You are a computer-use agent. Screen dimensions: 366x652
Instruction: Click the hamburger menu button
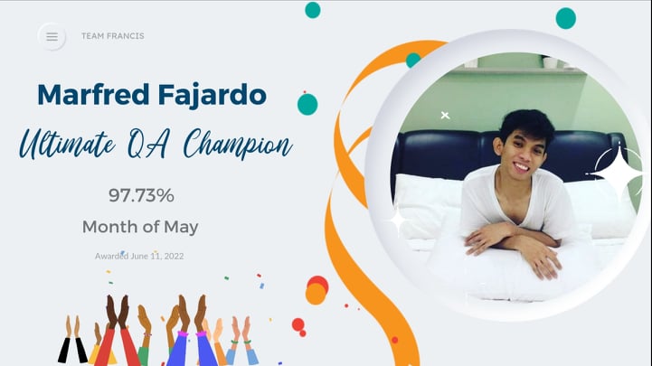(52, 36)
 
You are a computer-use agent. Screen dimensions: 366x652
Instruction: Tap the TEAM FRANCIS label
(112, 36)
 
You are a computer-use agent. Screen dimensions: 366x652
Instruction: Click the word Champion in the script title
(240, 145)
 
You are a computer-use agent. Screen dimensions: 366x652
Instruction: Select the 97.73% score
(140, 195)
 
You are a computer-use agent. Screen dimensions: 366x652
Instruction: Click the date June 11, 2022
(158, 257)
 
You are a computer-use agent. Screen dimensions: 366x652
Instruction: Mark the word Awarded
(112, 257)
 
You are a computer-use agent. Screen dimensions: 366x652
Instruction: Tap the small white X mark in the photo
(445, 116)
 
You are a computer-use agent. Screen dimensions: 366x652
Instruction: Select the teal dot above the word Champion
(307, 104)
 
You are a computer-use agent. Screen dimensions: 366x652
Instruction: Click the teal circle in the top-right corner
(565, 18)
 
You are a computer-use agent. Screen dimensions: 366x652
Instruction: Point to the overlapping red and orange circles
(317, 290)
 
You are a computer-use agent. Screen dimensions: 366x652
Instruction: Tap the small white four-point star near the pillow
(397, 220)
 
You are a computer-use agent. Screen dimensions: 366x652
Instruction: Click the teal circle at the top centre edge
(313, 10)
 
